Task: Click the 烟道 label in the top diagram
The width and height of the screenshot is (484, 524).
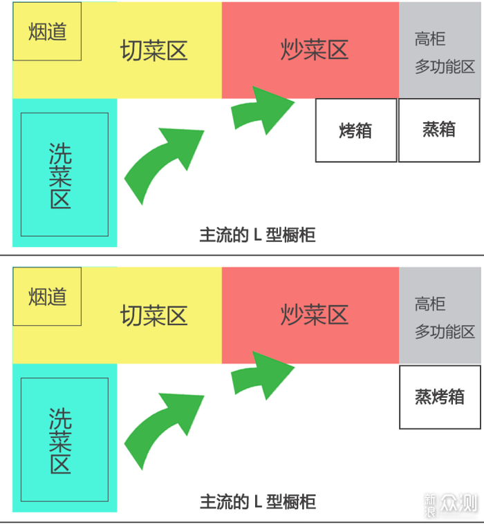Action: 47,32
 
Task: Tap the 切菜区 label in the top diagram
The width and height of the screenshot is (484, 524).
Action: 153,50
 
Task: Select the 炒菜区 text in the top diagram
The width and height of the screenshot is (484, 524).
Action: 313,50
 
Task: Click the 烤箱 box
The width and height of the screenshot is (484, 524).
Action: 356,130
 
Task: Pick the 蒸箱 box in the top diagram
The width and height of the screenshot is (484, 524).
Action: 439,130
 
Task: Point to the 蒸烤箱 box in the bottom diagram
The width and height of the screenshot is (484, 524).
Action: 439,397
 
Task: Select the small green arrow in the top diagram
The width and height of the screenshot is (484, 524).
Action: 260,108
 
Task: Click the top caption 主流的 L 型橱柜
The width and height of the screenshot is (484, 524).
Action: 257,235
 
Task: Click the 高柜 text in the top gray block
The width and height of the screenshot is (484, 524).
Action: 429,39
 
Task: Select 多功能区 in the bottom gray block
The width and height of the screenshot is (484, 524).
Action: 445,332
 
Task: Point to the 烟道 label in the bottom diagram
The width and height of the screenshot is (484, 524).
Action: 47,297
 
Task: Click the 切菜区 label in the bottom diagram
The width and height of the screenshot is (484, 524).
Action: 153,316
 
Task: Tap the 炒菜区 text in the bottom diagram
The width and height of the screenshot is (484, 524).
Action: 313,316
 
